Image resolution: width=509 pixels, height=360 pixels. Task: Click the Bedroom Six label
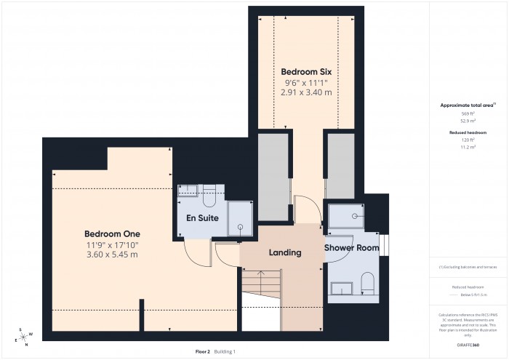point(306,72)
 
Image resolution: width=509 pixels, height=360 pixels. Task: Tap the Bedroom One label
point(112,233)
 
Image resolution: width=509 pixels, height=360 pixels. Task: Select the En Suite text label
point(202,217)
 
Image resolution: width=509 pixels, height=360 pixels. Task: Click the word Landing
point(285,252)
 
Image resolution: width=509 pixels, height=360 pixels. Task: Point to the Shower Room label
point(352,248)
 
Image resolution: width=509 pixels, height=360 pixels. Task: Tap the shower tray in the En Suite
point(239,218)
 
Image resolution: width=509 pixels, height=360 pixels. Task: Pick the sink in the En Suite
point(188,191)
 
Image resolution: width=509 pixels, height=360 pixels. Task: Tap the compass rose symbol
point(24,336)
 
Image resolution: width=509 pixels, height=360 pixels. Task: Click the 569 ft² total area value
point(468,114)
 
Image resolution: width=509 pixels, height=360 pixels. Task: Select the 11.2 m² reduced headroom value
point(468,147)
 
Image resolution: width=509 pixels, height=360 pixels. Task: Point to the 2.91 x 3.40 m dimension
point(306,92)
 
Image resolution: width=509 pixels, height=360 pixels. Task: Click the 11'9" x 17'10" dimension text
point(112,244)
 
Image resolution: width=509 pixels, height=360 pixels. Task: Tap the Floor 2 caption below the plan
point(203,351)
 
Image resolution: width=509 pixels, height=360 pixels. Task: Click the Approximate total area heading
point(467,105)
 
